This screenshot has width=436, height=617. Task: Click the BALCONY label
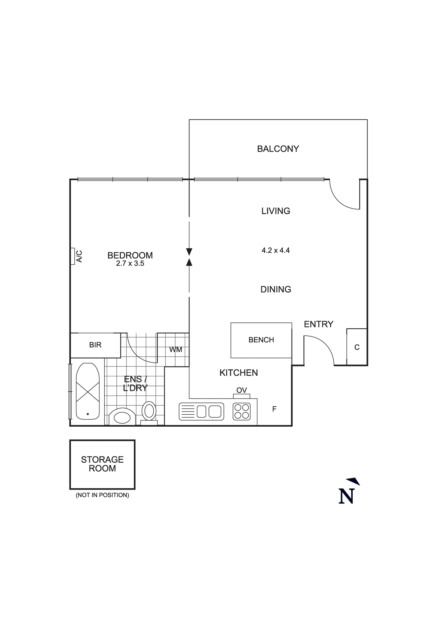point(278,149)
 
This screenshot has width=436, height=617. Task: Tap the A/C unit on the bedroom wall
point(73,256)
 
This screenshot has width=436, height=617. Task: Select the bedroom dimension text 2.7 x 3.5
point(130,263)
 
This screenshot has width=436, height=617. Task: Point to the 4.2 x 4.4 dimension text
point(276,250)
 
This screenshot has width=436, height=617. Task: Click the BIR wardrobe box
point(95,345)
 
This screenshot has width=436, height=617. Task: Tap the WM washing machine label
point(176,350)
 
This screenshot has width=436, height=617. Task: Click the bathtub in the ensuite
point(88,391)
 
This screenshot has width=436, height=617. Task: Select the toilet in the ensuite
point(149,411)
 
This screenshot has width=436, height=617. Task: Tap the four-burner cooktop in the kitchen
point(242,411)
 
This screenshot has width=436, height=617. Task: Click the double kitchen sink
point(201,412)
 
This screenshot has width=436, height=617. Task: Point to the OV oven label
point(242,390)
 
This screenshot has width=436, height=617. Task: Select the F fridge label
point(274,409)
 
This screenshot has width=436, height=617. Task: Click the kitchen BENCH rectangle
point(261,340)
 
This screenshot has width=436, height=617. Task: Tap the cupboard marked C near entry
point(357,347)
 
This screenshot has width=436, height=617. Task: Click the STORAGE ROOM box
point(102,464)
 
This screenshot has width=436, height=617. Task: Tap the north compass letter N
point(346,496)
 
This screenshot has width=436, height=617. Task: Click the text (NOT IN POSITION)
point(102,495)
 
